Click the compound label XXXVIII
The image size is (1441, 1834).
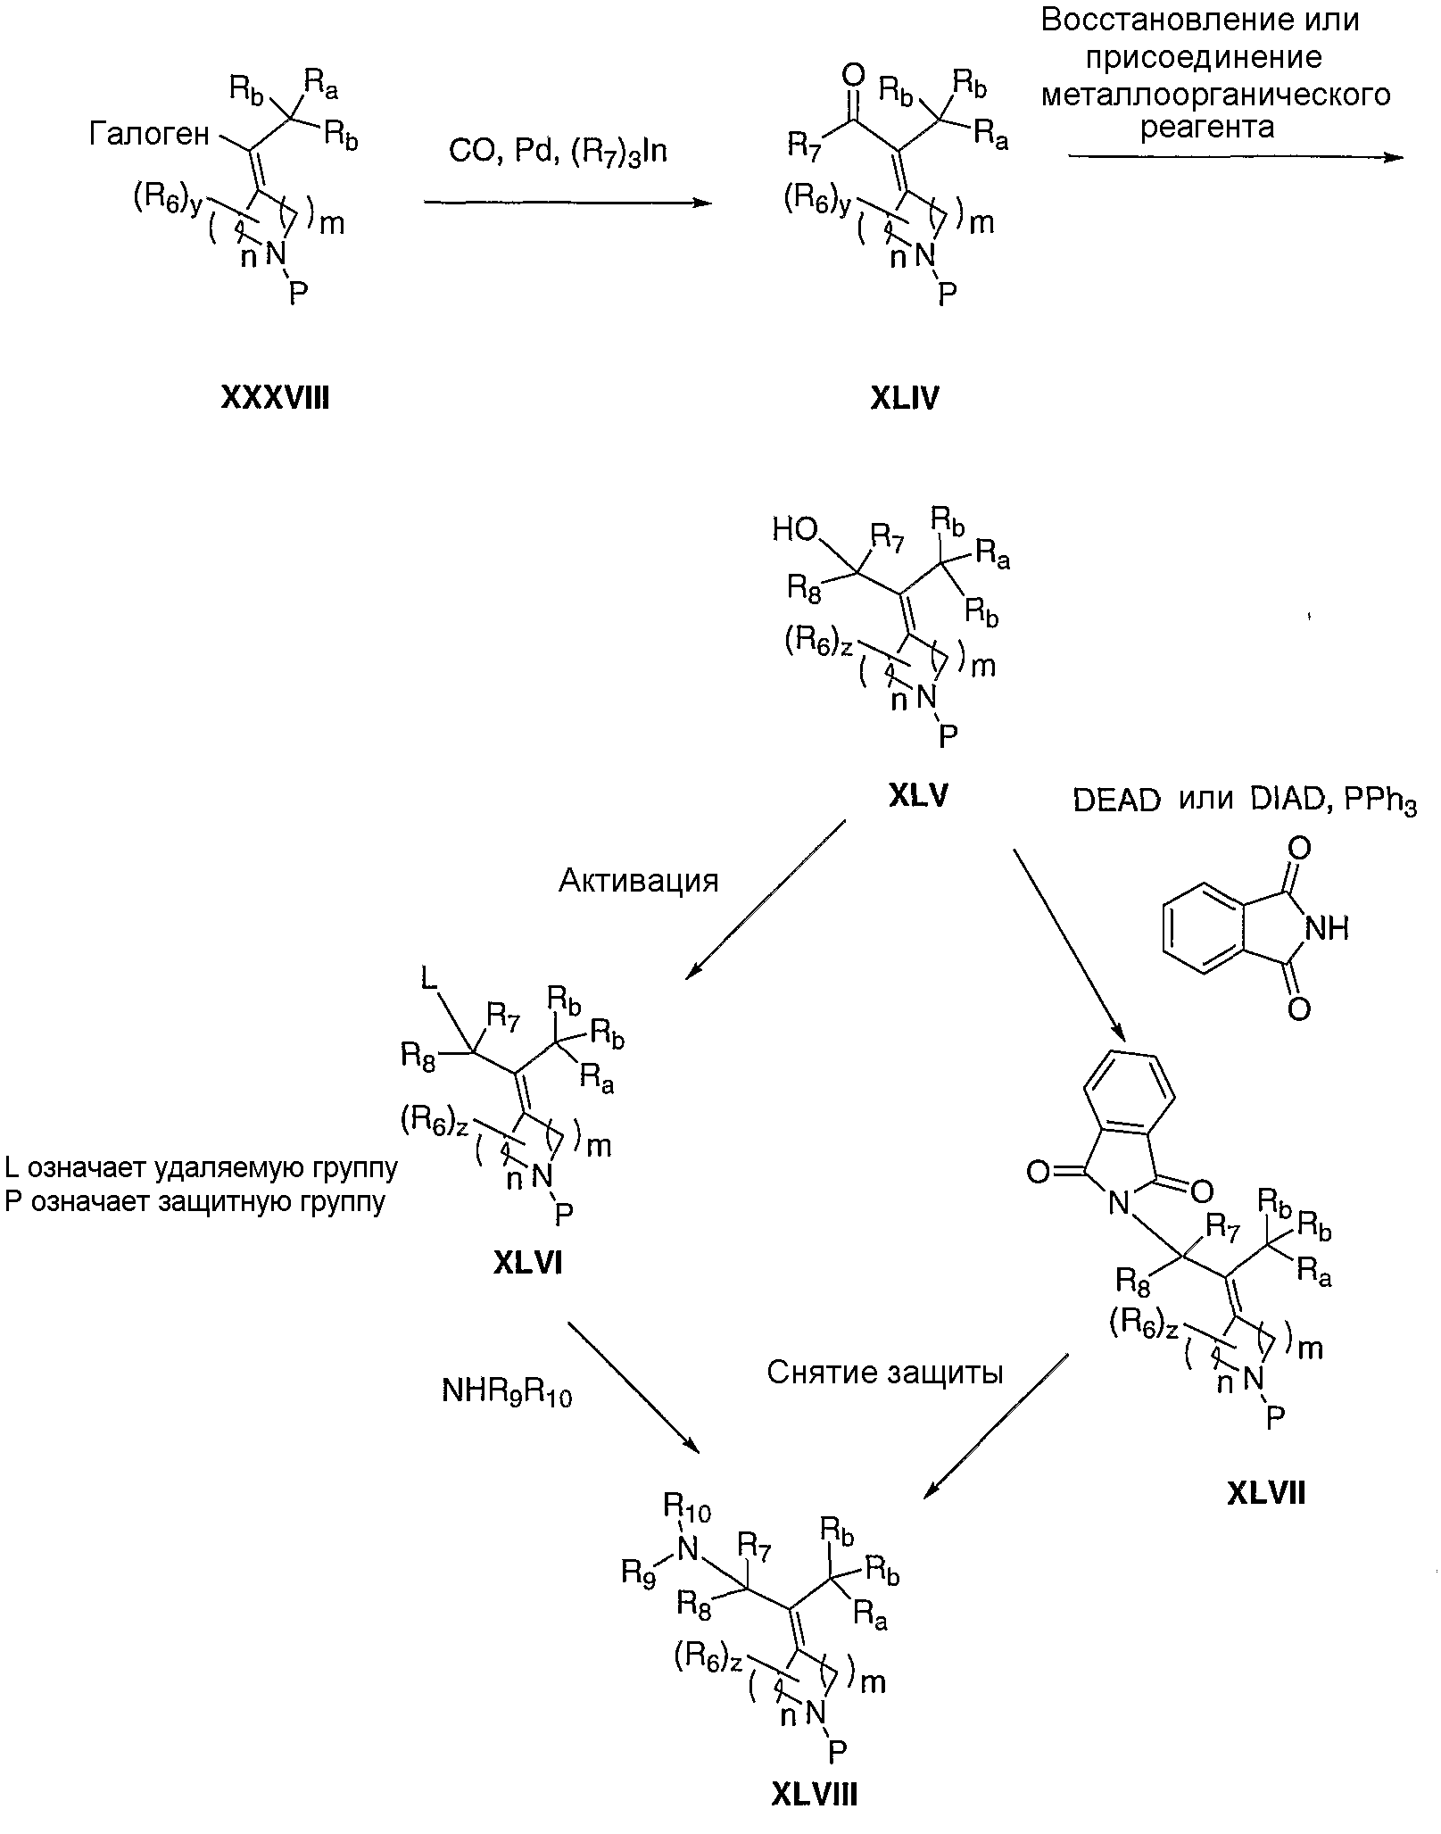click(x=275, y=397)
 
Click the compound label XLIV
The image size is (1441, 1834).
click(x=904, y=398)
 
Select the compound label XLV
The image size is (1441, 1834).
click(x=918, y=796)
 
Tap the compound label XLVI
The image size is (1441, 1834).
click(x=528, y=1263)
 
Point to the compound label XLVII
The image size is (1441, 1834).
click(x=1265, y=1492)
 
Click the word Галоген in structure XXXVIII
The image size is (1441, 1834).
click(x=149, y=135)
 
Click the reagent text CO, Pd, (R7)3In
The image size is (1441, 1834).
click(x=558, y=152)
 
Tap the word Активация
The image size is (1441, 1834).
click(x=638, y=881)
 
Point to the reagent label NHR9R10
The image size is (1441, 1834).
click(x=506, y=1392)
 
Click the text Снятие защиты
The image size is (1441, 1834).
click(x=884, y=1372)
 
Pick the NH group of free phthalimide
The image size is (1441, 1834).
click(x=1326, y=929)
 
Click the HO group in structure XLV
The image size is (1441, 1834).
click(x=794, y=531)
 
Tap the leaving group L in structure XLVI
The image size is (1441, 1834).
click(x=429, y=981)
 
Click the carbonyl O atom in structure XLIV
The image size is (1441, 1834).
click(x=853, y=73)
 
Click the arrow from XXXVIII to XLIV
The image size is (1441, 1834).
click(x=567, y=203)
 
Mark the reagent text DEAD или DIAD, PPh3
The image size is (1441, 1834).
click(x=1244, y=801)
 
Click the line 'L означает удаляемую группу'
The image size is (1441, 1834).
click(x=201, y=1166)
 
